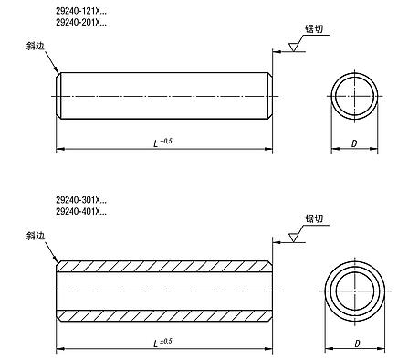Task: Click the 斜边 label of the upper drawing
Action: [36, 46]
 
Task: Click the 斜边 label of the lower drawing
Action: [36, 236]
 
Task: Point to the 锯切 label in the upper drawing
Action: [314, 29]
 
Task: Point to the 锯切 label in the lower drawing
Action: [314, 218]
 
